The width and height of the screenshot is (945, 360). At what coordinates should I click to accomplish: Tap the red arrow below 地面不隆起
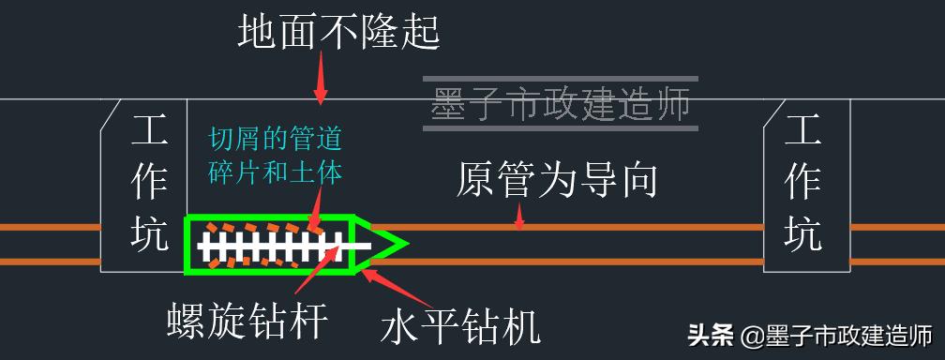click(x=321, y=79)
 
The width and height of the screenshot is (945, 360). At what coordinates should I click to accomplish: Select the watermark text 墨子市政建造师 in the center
click(x=561, y=104)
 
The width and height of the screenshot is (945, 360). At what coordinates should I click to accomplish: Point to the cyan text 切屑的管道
click(x=275, y=142)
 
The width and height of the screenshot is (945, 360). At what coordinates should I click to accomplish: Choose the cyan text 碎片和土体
click(x=275, y=172)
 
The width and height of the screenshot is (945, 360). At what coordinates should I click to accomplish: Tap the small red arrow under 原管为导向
click(x=517, y=219)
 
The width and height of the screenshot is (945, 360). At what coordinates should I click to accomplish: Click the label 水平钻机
click(x=460, y=327)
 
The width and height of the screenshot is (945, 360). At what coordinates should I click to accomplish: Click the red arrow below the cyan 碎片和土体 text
click(x=318, y=207)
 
